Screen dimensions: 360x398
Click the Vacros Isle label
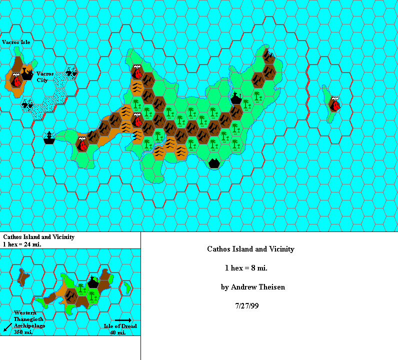coord(16,42)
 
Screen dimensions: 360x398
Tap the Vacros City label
coord(44,76)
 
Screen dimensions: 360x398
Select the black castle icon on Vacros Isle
coord(27,75)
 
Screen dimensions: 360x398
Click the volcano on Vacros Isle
coord(16,78)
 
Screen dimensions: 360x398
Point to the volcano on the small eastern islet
coord(335,104)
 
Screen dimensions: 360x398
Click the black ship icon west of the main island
coord(49,137)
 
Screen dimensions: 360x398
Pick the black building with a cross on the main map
coord(236,97)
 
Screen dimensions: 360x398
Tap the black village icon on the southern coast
coord(214,162)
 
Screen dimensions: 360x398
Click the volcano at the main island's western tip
coord(82,143)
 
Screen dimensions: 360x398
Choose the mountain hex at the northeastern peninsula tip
coord(269,57)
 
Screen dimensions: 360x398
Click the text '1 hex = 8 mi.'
coord(246,268)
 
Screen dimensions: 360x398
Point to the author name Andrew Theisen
coord(252,287)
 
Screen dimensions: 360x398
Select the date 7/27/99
coord(247,305)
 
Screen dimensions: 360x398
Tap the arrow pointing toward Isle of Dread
coord(123,320)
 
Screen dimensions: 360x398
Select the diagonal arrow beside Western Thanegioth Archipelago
coord(7,327)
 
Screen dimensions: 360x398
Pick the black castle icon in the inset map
coord(92,282)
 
